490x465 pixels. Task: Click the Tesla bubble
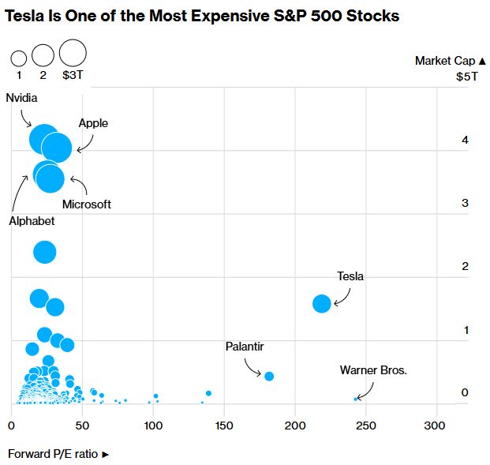[x=321, y=303]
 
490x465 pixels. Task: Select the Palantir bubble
[x=269, y=376]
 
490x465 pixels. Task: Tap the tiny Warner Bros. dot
[x=356, y=399]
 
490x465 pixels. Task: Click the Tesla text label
[x=350, y=276]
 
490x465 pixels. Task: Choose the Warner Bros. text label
[x=373, y=369]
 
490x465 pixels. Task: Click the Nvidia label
[x=22, y=98]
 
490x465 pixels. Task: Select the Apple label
[x=93, y=123]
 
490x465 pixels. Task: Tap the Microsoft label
[x=87, y=204]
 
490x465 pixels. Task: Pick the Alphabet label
[x=32, y=221]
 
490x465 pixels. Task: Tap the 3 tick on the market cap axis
[x=466, y=203]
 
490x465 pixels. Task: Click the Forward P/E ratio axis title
[x=58, y=454]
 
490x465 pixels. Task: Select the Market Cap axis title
[x=445, y=61]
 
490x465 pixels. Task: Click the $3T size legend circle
[x=73, y=53]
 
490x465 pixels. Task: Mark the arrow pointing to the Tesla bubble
[x=342, y=296]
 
